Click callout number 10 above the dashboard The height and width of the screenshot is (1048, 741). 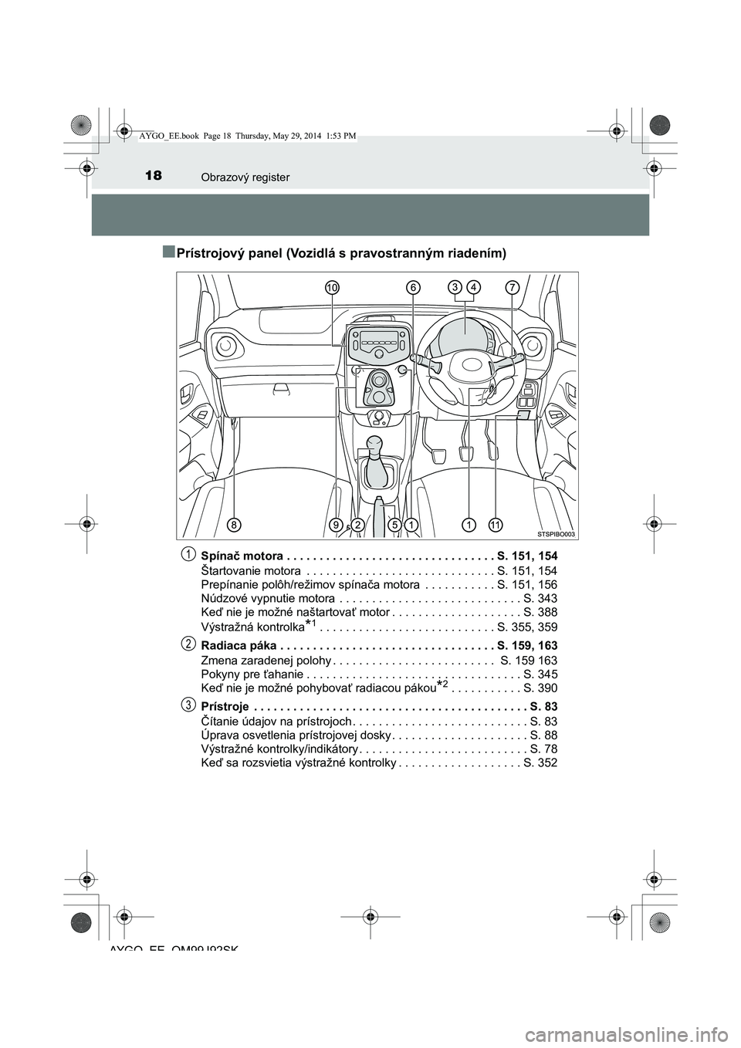click(333, 287)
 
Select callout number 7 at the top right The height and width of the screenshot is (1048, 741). click(512, 287)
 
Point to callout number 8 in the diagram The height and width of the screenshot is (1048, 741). click(233, 525)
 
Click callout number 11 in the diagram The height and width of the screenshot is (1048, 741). click(495, 525)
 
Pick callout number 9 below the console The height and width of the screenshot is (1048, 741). click(336, 525)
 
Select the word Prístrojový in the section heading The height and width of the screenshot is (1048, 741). click(212, 253)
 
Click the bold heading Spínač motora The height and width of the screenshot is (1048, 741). click(241, 555)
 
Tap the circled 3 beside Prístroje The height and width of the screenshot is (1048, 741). click(188, 705)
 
